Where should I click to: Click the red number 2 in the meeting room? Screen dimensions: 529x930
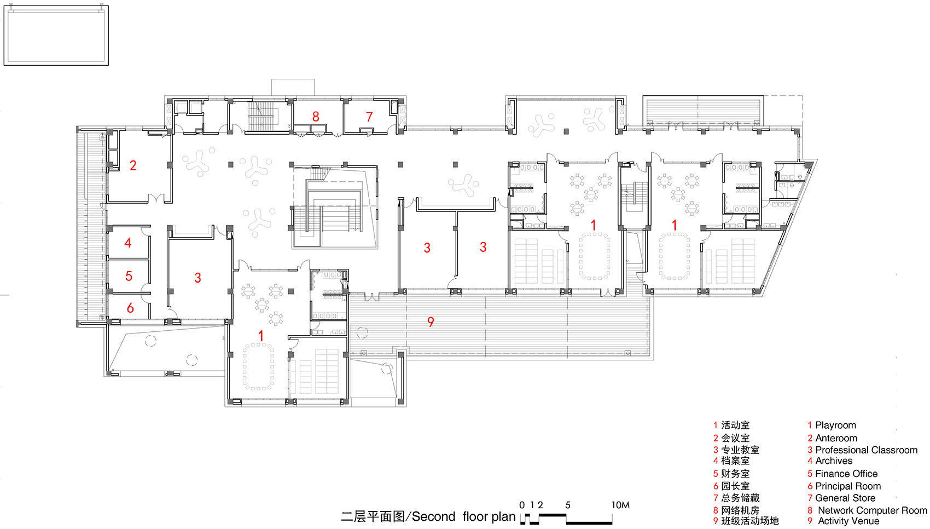click(x=133, y=165)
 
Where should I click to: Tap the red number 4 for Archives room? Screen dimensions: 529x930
click(x=128, y=243)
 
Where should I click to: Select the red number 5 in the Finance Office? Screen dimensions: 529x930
click(x=129, y=276)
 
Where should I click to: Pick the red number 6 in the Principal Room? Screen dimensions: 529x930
click(x=130, y=308)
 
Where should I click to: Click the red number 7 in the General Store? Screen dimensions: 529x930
click(x=369, y=117)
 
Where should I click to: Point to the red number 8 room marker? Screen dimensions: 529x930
click(x=316, y=117)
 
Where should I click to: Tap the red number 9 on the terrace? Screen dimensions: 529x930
click(x=431, y=322)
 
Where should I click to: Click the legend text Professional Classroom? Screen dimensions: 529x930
click(x=866, y=450)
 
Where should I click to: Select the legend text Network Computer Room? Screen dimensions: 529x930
click(x=872, y=510)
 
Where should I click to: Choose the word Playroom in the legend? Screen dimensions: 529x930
click(x=835, y=426)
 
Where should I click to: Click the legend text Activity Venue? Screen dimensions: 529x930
click(x=848, y=521)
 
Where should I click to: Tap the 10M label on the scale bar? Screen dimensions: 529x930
click(x=620, y=505)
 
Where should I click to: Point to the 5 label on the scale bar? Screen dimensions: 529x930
click(x=568, y=505)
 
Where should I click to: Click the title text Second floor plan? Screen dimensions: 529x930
click(x=463, y=516)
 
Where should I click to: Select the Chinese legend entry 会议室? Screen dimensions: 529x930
click(x=735, y=438)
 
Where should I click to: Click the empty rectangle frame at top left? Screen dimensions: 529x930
click(x=56, y=36)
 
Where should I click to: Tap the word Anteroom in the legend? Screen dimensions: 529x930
click(x=836, y=438)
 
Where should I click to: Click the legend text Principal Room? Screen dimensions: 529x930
click(x=848, y=486)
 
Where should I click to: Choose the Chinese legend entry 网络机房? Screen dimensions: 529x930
click(x=740, y=510)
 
